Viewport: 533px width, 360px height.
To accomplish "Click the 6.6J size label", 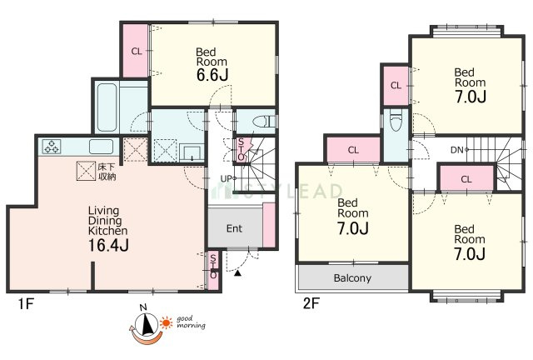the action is click(x=212, y=75).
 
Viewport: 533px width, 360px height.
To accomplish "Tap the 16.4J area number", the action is click(x=108, y=245).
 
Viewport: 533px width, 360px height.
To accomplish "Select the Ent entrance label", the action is click(x=234, y=228).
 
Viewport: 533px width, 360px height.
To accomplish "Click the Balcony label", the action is click(x=352, y=278).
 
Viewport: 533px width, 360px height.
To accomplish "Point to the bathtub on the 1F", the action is click(x=107, y=107).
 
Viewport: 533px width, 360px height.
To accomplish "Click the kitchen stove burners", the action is click(x=52, y=147).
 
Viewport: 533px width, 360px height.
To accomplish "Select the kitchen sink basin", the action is click(x=101, y=147).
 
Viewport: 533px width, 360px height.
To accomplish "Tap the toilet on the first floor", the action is click(x=264, y=121).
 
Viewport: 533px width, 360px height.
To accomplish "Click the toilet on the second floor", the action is click(x=396, y=120).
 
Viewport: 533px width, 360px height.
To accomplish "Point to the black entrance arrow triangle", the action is click(x=238, y=272).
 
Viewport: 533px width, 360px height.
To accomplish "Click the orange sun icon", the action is click(x=166, y=322).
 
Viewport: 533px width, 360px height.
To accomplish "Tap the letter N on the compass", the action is click(x=143, y=308).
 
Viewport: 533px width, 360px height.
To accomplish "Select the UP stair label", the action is click(x=226, y=178).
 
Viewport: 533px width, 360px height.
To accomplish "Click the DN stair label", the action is click(x=456, y=150).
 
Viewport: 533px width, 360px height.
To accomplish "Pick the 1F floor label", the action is click(x=26, y=303).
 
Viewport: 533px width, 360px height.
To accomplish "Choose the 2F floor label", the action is click(x=311, y=302).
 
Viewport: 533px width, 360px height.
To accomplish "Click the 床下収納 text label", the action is click(x=107, y=172).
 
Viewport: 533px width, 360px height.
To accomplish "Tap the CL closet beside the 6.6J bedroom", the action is click(x=137, y=52).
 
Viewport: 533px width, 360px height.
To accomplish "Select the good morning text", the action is click(x=191, y=322).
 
